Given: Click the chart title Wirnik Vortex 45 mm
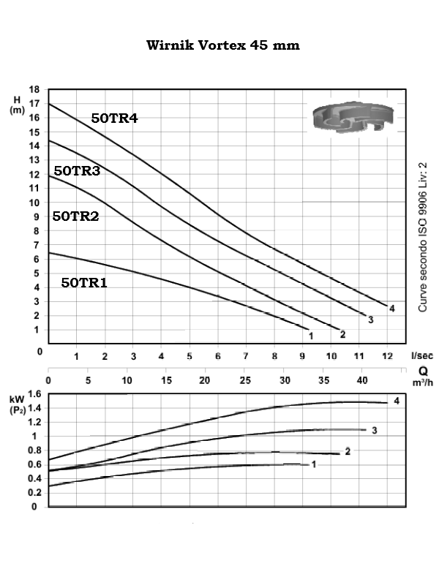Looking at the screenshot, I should point(223,45).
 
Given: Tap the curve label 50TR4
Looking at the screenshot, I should point(114,118).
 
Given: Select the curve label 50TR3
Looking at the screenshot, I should point(77,170).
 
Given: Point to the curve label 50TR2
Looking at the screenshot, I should point(75,216).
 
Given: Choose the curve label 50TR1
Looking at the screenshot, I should point(84,282).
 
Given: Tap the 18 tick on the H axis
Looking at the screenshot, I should point(34,90).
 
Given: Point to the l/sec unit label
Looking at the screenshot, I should point(421,355).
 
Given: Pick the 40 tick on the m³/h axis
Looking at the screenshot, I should point(361,380).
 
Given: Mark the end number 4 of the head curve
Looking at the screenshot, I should point(392,309).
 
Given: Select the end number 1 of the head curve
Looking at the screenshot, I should point(312,336).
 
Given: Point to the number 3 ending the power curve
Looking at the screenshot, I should point(374,430).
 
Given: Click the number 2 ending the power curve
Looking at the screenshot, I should point(348,451).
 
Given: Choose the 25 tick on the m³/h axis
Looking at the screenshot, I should point(244,380).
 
